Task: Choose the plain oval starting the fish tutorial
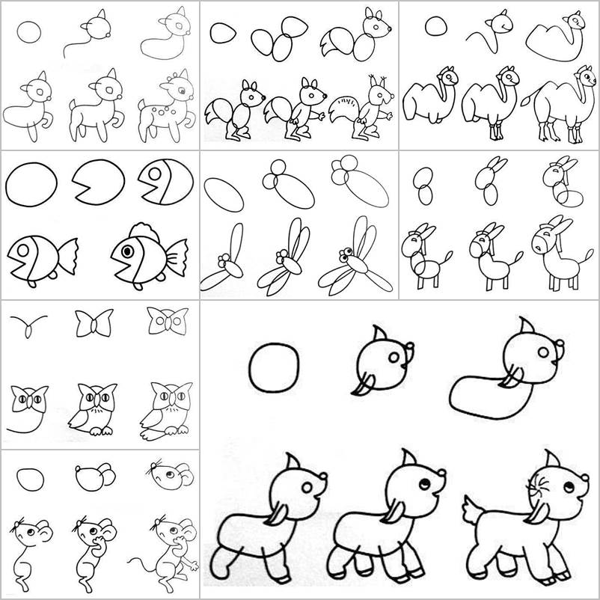pos(31,183)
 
